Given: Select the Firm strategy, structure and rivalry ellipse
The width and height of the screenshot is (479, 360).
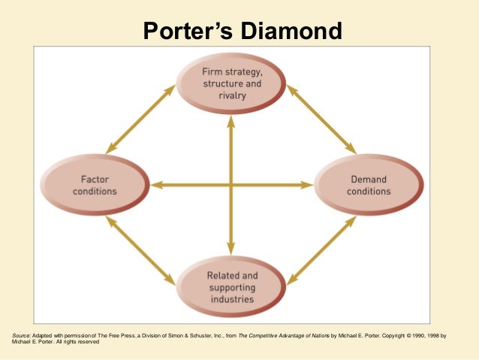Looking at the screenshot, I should (x=232, y=83).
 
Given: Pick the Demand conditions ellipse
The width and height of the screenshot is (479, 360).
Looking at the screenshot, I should (x=369, y=185).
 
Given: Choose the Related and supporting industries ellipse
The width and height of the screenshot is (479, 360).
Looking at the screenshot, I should (x=232, y=287).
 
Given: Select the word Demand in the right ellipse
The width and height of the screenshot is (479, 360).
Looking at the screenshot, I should (x=369, y=180).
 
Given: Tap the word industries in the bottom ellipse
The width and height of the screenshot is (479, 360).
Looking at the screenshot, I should (x=232, y=299).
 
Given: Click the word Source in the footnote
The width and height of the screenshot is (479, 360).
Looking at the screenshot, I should (x=23, y=335).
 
